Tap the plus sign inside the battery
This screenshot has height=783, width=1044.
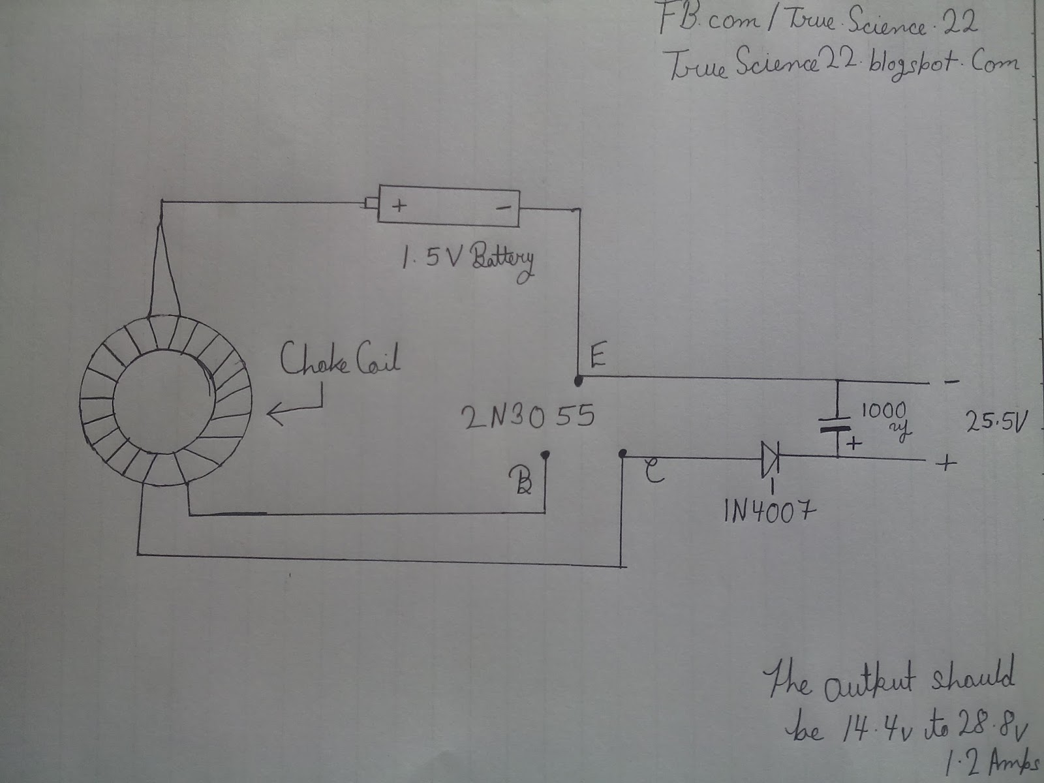pyautogui.click(x=398, y=206)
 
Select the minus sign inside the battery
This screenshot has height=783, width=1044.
pyautogui.click(x=503, y=207)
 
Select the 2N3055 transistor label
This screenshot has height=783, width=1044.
pyautogui.click(x=528, y=416)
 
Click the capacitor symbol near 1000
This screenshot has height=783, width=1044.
pyautogui.click(x=838, y=427)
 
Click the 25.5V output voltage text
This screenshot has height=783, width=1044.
pyautogui.click(x=996, y=424)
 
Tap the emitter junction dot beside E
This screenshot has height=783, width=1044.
pyautogui.click(x=578, y=378)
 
